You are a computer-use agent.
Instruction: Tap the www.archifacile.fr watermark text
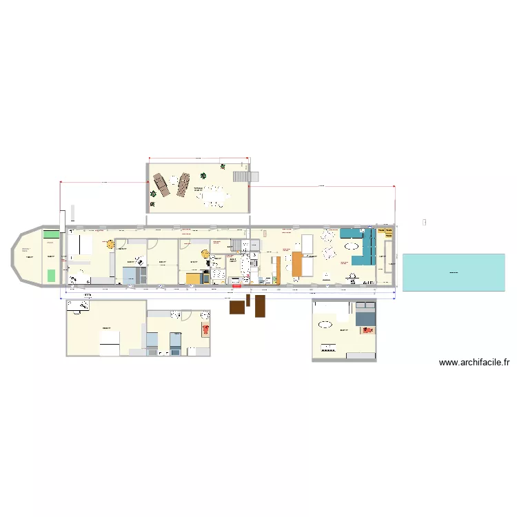point(474,362)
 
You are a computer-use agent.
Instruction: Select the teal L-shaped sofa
point(363,248)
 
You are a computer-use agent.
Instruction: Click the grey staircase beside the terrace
point(241,177)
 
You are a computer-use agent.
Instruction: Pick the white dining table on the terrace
point(214,196)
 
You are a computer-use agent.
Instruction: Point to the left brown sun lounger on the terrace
point(161,184)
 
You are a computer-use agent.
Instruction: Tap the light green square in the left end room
point(51,276)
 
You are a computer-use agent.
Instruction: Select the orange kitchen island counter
point(298,265)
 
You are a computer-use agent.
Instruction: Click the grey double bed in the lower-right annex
point(365,316)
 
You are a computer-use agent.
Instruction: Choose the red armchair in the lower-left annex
point(205,329)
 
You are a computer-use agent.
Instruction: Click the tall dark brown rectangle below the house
point(260,306)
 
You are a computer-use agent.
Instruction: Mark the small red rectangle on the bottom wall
point(236,286)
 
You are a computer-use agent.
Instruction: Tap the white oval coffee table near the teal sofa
point(352,245)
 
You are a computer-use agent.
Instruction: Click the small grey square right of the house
point(424,222)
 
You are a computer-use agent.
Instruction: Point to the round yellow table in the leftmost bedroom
point(110,243)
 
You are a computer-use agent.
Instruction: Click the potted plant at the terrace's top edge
point(222,166)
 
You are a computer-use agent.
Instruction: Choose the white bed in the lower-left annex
point(110,343)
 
